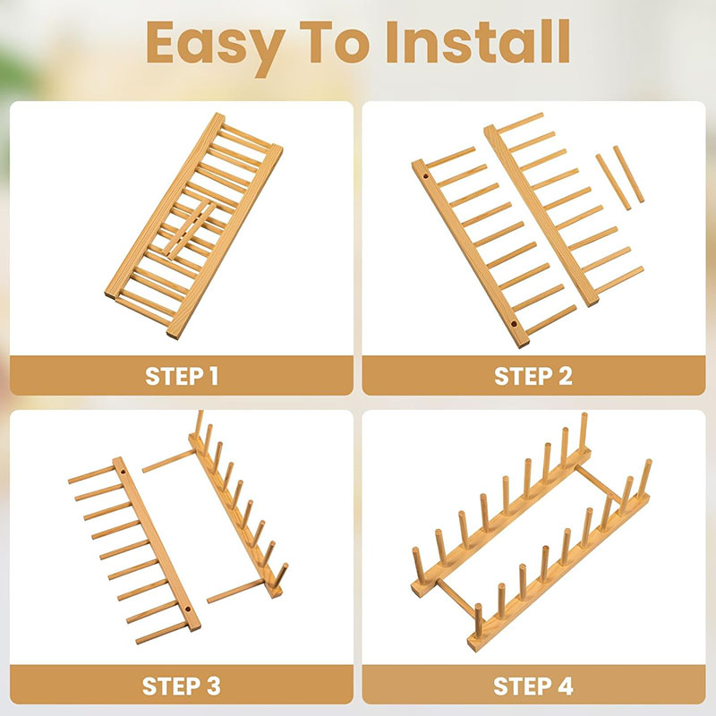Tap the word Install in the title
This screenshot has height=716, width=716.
[x=478, y=42]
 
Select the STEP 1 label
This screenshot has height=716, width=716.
[x=182, y=376]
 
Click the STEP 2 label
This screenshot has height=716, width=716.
[x=533, y=376]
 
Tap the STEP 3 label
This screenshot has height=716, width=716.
[x=182, y=686]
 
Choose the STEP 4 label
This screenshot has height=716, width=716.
[x=533, y=686]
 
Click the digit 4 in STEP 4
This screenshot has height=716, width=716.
[x=565, y=686]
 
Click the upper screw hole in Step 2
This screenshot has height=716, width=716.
[x=427, y=175]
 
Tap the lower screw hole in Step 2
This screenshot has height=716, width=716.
[x=514, y=325]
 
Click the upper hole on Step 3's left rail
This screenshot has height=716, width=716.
[x=123, y=472]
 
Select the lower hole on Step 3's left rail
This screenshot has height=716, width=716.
[x=188, y=609]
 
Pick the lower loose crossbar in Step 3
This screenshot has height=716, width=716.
[x=234, y=591]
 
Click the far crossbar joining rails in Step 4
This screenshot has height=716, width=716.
[x=599, y=483]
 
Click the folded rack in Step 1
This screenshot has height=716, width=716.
[x=194, y=226]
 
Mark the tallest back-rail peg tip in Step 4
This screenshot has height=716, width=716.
[x=584, y=415]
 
